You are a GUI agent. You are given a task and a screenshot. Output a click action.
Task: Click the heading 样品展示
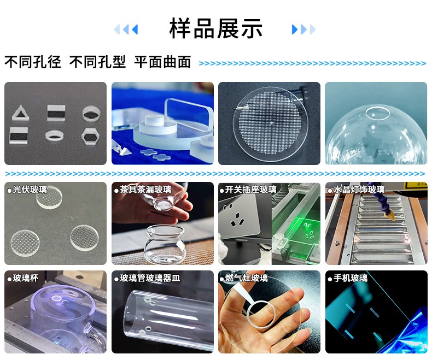click(x=215, y=28)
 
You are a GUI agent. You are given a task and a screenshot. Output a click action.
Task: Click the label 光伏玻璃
click(x=30, y=190)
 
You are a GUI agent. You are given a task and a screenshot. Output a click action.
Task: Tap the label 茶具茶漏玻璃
click(x=146, y=190)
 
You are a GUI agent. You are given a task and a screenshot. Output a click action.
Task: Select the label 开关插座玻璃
click(x=250, y=190)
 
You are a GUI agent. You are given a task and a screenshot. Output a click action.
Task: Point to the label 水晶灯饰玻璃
click(x=359, y=190)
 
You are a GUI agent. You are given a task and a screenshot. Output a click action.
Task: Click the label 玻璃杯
click(x=26, y=278)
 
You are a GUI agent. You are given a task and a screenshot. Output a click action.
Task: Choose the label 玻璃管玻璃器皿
click(x=150, y=278)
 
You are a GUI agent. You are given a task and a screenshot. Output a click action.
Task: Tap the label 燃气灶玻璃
click(x=246, y=278)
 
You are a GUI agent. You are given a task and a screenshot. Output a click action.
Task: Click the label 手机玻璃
click(x=351, y=278)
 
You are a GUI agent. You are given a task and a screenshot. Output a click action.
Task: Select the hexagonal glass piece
click(x=90, y=136)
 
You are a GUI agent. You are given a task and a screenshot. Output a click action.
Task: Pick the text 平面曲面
click(x=162, y=62)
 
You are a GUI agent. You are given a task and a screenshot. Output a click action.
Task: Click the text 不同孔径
click(x=32, y=62)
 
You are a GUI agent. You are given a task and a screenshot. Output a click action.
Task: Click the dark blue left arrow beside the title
click(x=135, y=29)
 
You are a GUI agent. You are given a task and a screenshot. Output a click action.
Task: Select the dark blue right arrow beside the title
click(x=295, y=29)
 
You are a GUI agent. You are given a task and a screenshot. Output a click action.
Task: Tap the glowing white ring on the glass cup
click(x=57, y=298)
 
